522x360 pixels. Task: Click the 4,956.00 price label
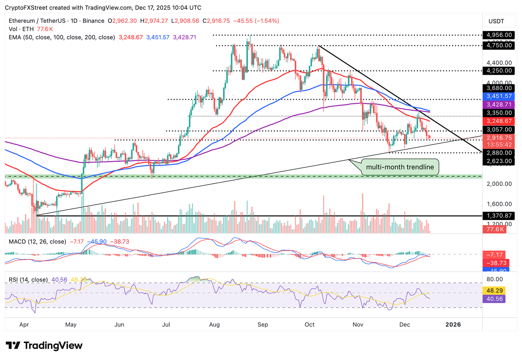click(x=499, y=35)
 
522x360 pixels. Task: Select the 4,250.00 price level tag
click(x=499, y=71)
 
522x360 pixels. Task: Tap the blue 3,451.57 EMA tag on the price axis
click(x=499, y=96)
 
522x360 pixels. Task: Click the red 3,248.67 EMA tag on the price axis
click(x=499, y=121)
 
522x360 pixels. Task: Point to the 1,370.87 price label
click(x=499, y=216)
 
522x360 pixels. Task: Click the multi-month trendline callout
click(x=400, y=167)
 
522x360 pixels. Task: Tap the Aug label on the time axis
click(x=214, y=325)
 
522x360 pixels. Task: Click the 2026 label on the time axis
click(x=453, y=325)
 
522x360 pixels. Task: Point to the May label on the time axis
click(x=71, y=325)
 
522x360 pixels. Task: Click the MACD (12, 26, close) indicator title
click(x=37, y=241)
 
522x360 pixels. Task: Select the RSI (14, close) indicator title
click(x=28, y=280)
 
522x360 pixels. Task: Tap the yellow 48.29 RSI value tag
click(x=494, y=290)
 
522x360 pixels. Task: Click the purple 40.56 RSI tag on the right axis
click(x=494, y=299)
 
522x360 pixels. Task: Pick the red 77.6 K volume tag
click(x=494, y=229)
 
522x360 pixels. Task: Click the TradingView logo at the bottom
click(x=44, y=346)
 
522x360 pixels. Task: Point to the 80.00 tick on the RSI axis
click(x=494, y=279)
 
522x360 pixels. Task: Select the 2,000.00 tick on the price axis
click(x=499, y=184)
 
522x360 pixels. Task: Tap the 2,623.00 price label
click(x=499, y=161)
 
